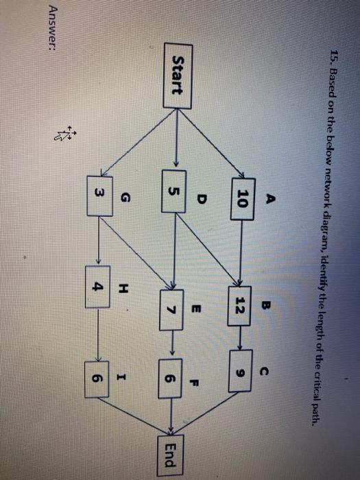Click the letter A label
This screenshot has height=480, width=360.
[269, 202]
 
